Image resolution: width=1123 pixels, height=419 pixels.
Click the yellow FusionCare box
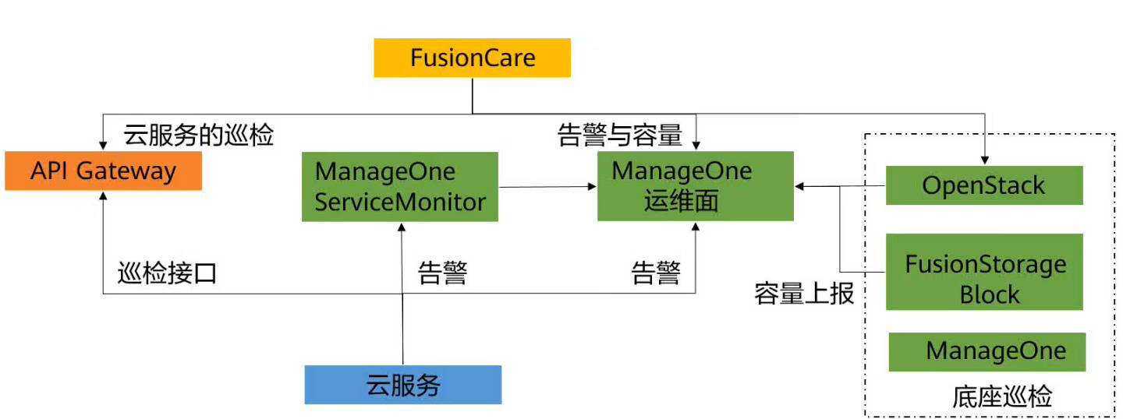click(x=472, y=58)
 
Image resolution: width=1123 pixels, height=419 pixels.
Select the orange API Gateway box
click(x=103, y=171)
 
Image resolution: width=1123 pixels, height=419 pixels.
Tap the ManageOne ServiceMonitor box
click(x=400, y=187)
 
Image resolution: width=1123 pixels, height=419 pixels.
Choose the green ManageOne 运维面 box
click(x=695, y=186)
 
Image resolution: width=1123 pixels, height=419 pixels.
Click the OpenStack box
click(x=984, y=185)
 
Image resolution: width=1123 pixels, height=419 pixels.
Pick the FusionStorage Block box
click(x=984, y=272)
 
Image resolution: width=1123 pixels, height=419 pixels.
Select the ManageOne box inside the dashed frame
click(x=987, y=351)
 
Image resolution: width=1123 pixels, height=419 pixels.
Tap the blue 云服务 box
click(x=402, y=384)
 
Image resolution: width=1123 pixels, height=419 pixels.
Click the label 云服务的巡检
click(x=198, y=136)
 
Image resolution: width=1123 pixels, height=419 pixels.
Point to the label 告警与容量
click(x=620, y=136)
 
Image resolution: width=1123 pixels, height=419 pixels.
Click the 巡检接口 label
click(x=166, y=274)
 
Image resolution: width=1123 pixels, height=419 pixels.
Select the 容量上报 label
click(x=804, y=294)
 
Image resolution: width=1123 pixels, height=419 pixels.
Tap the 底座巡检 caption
click(x=1001, y=397)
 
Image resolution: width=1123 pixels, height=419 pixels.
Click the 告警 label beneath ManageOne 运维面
click(x=655, y=273)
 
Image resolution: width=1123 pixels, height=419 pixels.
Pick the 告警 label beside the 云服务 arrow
click(x=442, y=273)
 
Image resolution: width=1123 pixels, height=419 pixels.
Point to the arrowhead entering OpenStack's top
click(x=984, y=160)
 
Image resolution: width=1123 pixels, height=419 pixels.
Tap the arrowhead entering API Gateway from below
click(x=103, y=197)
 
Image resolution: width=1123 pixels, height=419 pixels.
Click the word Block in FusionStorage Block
click(x=989, y=294)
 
